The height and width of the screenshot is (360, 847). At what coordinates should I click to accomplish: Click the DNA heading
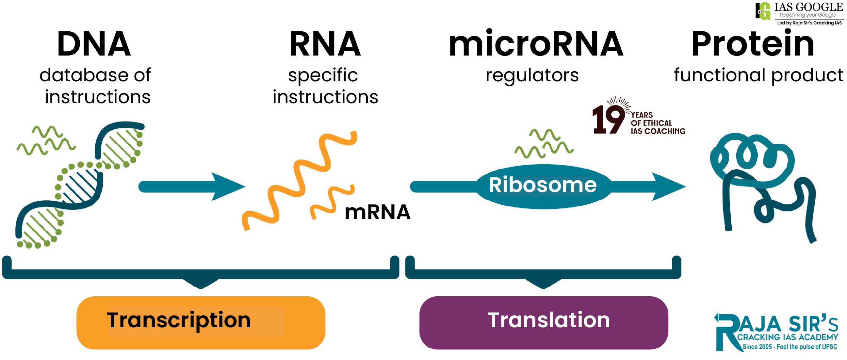[94, 44]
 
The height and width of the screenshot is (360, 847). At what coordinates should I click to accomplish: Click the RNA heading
[325, 44]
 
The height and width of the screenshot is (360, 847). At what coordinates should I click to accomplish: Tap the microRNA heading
[536, 44]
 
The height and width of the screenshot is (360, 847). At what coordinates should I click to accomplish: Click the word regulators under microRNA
[532, 75]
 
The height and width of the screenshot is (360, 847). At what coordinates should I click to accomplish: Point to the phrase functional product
[758, 75]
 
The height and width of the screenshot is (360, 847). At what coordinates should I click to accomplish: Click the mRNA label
[377, 212]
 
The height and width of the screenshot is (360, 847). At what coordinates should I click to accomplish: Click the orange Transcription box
[201, 322]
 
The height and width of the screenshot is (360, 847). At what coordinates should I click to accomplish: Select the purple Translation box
[543, 322]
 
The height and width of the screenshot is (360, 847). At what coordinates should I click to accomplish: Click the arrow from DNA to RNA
[191, 187]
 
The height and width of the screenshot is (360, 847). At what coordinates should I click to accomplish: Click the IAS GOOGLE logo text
[808, 7]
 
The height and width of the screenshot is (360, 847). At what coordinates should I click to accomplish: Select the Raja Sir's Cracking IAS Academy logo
[776, 332]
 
